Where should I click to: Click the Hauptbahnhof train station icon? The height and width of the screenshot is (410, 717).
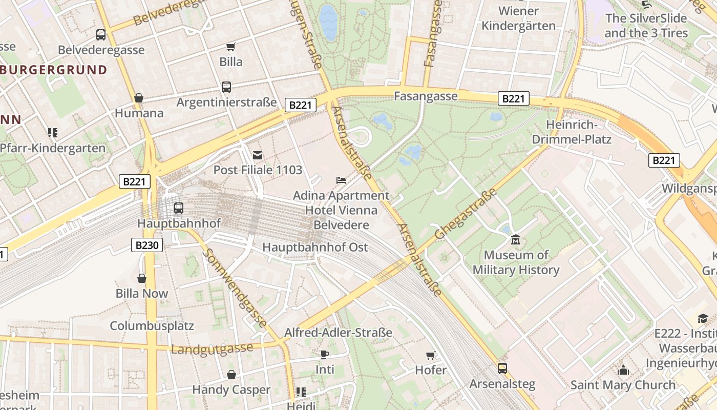tap(178, 208)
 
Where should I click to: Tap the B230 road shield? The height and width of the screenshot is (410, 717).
tap(147, 245)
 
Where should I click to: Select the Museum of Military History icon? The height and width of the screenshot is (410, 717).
tap(515, 239)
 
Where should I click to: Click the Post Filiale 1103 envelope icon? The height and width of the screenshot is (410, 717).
tap(257, 155)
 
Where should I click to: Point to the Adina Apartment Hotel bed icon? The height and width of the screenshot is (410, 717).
tap(341, 180)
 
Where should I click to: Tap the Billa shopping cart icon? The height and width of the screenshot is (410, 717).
tap(230, 47)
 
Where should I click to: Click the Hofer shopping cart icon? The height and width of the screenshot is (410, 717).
tap(430, 355)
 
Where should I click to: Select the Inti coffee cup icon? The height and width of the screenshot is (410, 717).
tap(324, 354)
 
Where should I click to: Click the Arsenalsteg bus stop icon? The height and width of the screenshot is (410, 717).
tap(502, 368)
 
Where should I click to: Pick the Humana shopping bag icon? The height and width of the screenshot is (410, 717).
tap(138, 98)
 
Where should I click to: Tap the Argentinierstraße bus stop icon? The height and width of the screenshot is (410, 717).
tap(226, 87)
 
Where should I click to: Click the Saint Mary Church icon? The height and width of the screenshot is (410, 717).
tap(623, 370)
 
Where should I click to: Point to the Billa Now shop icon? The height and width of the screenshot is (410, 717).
tap(142, 278)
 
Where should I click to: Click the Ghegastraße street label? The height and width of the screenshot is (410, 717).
tap(466, 214)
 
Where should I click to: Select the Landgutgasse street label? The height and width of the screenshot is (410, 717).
tap(212, 349)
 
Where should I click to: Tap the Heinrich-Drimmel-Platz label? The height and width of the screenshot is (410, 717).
tap(572, 132)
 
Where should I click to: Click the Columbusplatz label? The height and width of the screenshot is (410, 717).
tap(152, 325)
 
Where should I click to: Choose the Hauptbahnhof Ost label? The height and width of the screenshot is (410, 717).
tap(315, 247)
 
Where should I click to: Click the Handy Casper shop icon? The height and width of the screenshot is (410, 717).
tap(231, 375)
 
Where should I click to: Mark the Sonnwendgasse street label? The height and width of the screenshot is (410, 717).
tap(235, 288)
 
